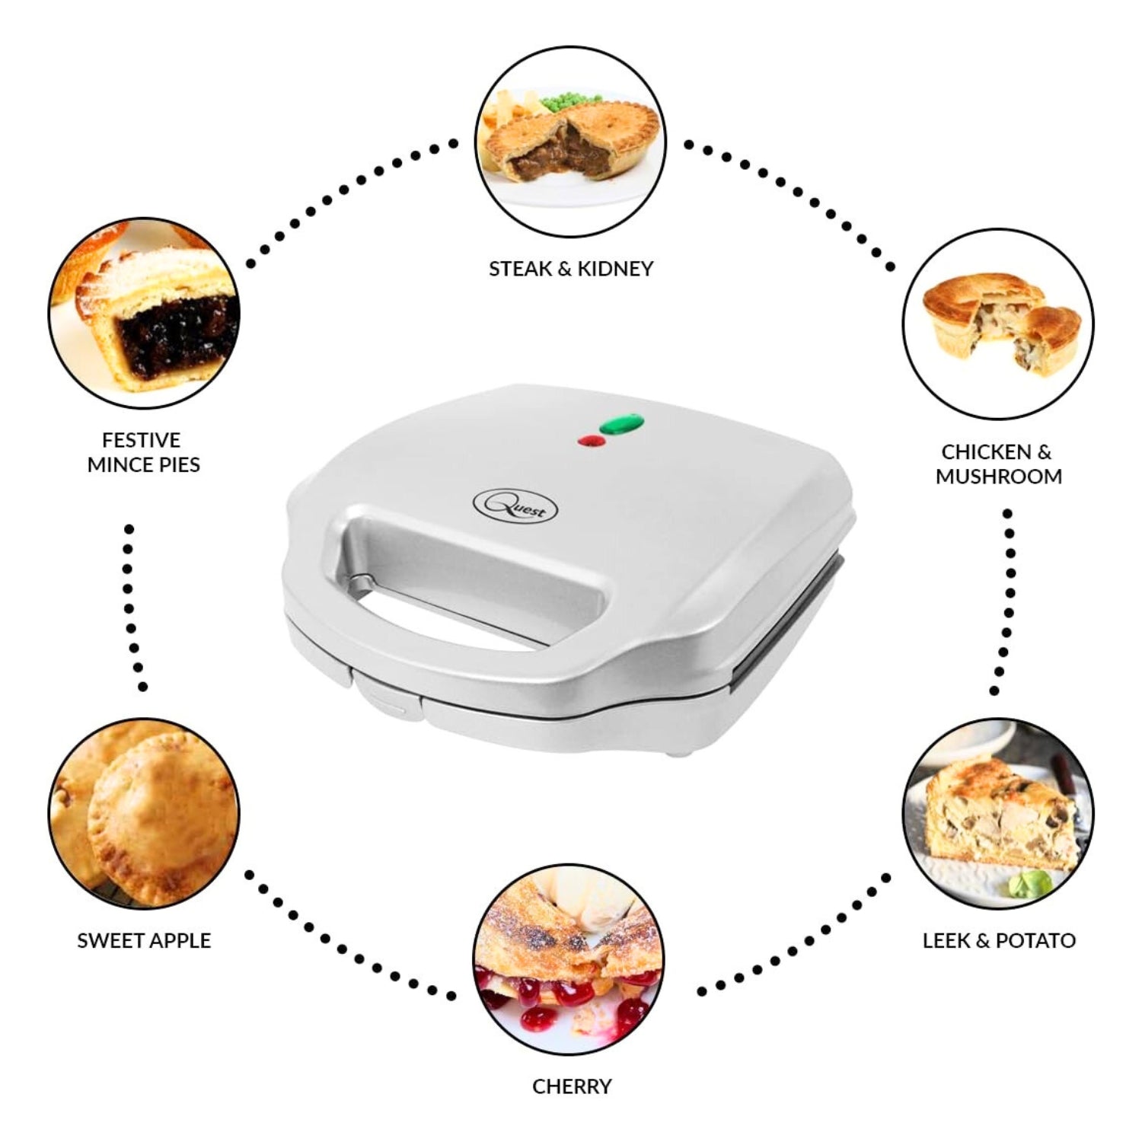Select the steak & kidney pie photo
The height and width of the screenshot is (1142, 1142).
pyautogui.click(x=571, y=141)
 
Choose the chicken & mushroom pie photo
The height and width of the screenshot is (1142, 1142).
pyautogui.click(x=998, y=324)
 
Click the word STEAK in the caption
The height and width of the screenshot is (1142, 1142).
pyautogui.click(x=521, y=269)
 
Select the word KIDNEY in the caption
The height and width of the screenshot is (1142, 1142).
pyautogui.click(x=615, y=269)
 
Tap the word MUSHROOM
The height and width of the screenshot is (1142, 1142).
pyautogui.click(x=999, y=477)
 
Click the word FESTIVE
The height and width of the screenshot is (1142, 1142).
pyautogui.click(x=142, y=440)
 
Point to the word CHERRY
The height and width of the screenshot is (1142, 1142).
pyautogui.click(x=572, y=1086)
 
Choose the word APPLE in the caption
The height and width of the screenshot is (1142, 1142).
pyautogui.click(x=180, y=941)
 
